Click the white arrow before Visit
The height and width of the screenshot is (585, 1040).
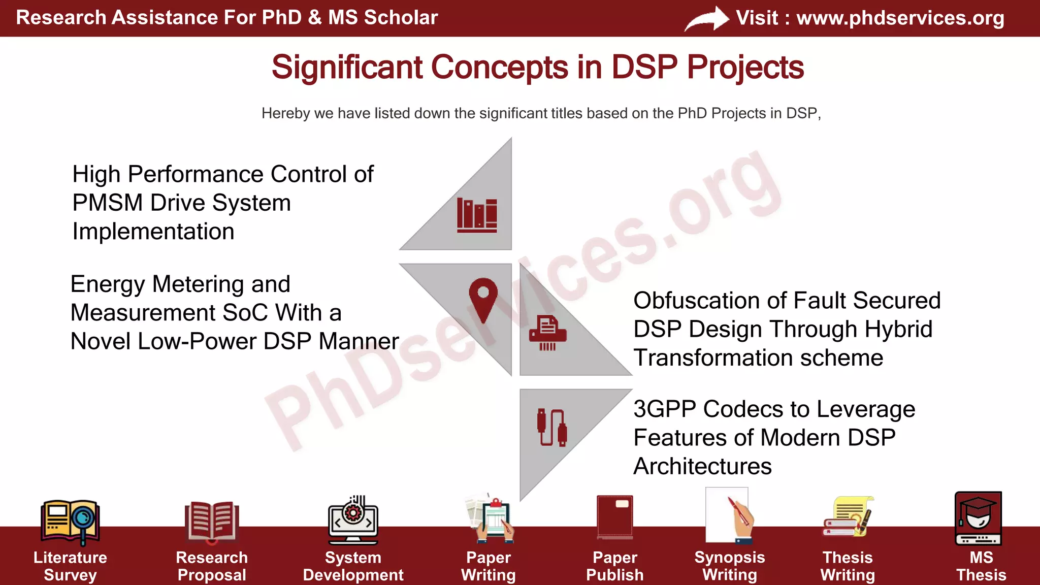[707, 19]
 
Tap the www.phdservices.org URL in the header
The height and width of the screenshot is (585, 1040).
[900, 18]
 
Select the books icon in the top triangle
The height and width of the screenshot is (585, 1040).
[477, 215]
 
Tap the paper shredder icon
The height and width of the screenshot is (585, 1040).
[547, 333]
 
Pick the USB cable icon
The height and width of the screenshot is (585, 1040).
[551, 428]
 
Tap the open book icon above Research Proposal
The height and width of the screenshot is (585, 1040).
[211, 521]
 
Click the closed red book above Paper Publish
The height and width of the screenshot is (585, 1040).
[614, 517]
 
